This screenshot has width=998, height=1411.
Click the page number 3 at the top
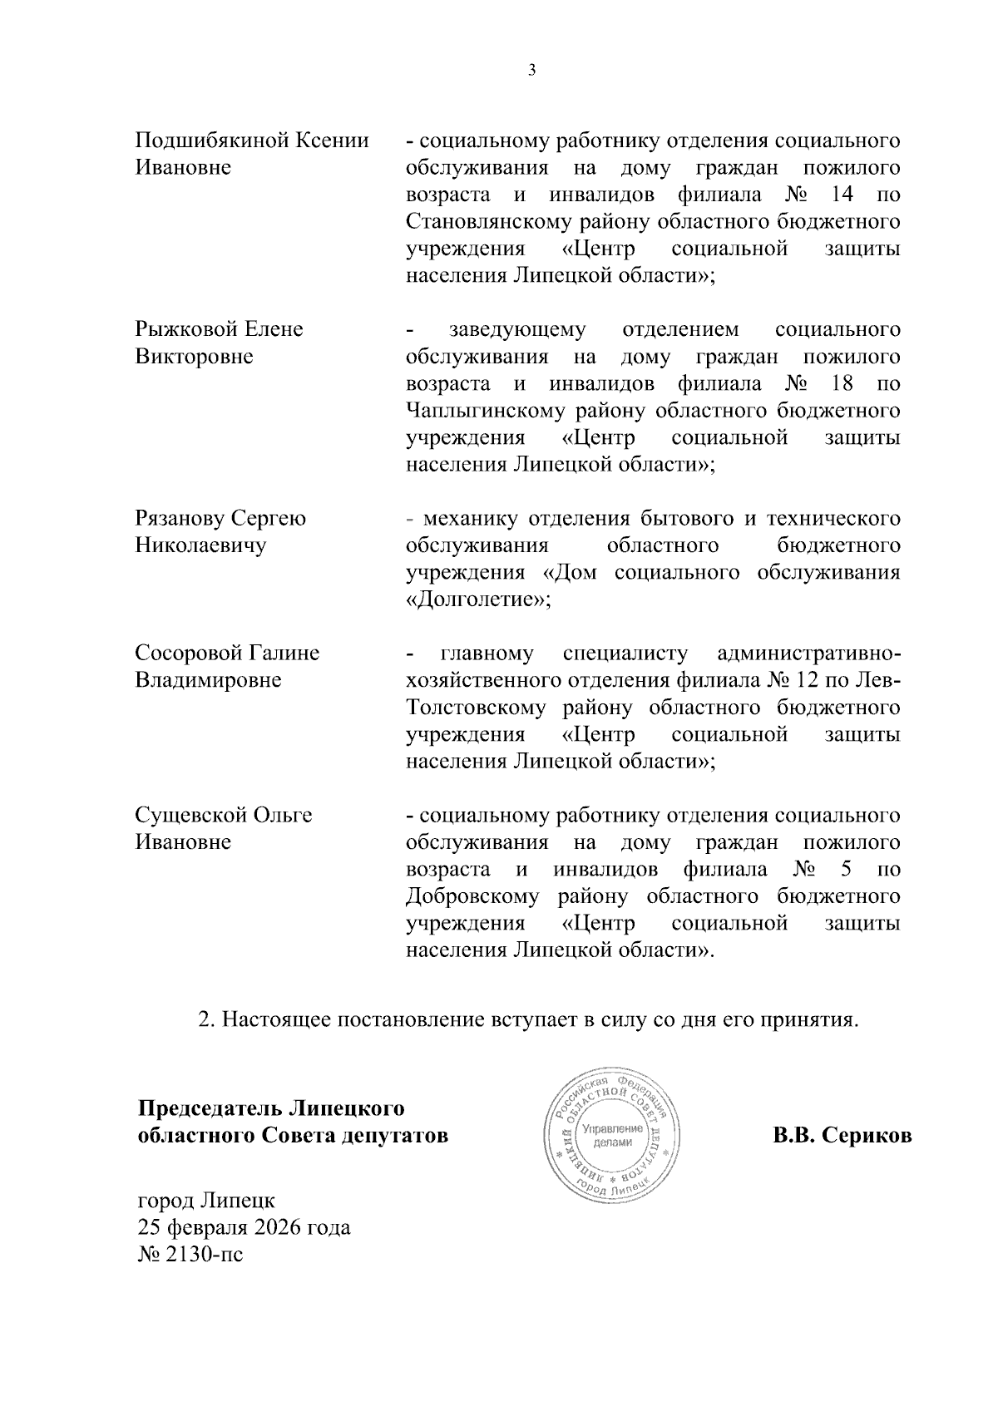(532, 71)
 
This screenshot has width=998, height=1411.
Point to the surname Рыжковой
(187, 329)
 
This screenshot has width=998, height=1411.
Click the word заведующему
(516, 329)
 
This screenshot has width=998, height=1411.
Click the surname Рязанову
(180, 519)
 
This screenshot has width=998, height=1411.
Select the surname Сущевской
(190, 815)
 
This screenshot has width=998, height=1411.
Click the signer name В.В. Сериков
(842, 1136)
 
